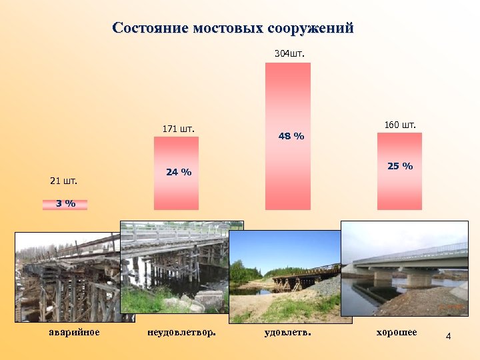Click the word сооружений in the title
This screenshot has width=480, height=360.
310,29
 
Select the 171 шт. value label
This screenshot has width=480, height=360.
179,128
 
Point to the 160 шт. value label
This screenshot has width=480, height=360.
400,125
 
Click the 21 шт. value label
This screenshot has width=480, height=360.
64,181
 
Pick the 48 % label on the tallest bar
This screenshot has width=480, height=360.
291,136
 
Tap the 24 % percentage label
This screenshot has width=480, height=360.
178,172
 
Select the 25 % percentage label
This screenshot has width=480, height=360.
400,165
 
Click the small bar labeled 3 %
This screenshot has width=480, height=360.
65,203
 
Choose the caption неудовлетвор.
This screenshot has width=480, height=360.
181,331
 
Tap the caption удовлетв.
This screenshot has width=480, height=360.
288,331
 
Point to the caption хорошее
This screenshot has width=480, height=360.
397,331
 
